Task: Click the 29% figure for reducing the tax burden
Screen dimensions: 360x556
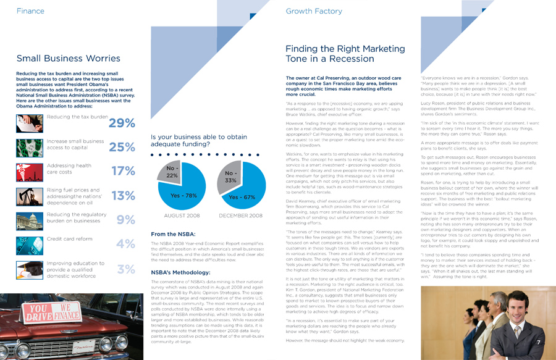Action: [x=122, y=123]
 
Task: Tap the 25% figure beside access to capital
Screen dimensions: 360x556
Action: [x=122, y=148]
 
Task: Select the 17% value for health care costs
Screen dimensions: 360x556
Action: [x=123, y=172]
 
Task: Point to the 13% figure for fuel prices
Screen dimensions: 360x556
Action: [x=123, y=196]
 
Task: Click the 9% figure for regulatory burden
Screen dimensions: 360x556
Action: [x=125, y=220]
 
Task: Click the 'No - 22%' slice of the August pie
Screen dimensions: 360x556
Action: [x=172, y=172]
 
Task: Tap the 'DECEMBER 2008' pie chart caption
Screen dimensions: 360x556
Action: [x=240, y=216]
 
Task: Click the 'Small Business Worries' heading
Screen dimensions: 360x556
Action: [x=69, y=59]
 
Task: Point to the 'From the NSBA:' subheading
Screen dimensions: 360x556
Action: [x=172, y=234]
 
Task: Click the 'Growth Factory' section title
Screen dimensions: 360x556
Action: [x=314, y=11]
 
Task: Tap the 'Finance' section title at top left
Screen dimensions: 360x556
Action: [x=30, y=11]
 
